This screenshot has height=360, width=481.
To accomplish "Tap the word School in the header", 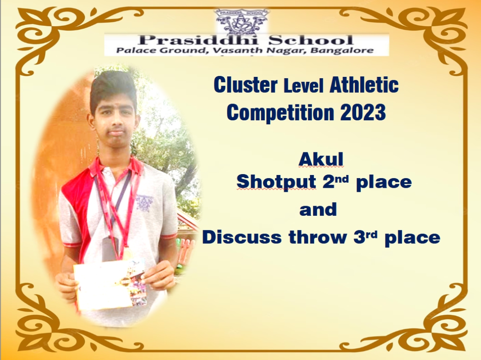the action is [311, 40].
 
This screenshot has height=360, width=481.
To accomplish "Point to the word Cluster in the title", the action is [245, 85].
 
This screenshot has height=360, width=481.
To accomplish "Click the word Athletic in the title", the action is [364, 85].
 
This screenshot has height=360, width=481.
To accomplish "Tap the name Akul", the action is [321, 159].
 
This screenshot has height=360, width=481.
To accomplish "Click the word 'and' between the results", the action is [318, 210].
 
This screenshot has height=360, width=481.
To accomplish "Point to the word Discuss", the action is [242, 237].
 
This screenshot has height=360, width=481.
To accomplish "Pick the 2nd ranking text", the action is [336, 181].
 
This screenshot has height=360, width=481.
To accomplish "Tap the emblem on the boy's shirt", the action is [144, 203].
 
